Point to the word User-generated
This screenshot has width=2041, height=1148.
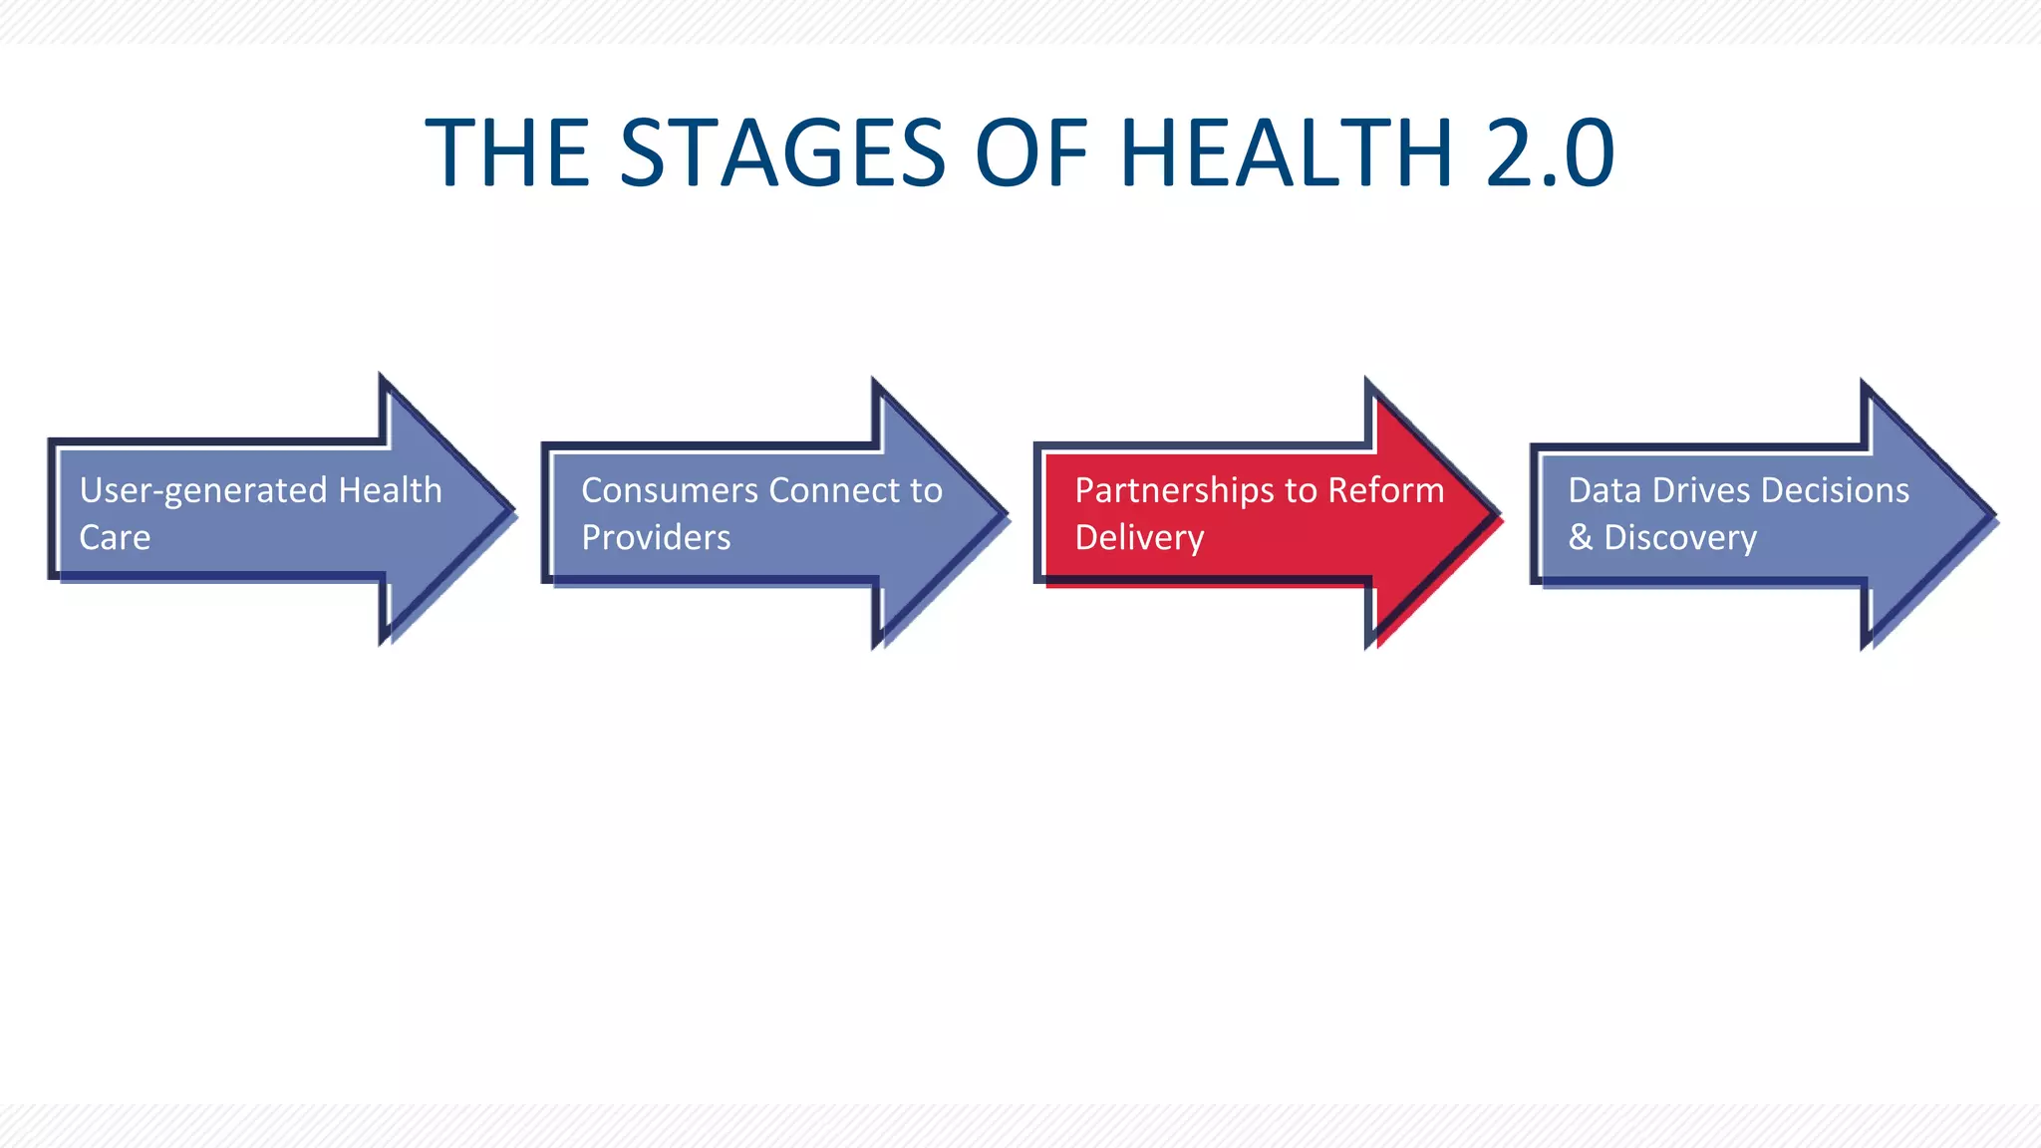coord(203,490)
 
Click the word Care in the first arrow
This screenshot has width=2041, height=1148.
coord(115,538)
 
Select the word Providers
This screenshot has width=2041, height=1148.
coord(656,538)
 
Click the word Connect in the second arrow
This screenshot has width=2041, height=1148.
coord(833,490)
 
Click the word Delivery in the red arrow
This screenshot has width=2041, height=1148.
coord(1139,538)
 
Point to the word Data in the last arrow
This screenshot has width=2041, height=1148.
coord(1604,490)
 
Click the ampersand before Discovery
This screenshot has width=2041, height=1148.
coord(1580,538)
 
